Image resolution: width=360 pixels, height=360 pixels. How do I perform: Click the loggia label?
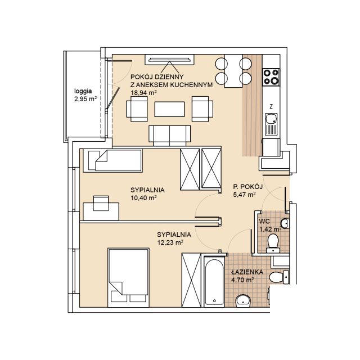(x=83, y=91)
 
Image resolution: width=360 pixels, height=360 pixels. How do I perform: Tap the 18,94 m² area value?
(x=143, y=93)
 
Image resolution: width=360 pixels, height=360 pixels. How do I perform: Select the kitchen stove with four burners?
(x=271, y=77)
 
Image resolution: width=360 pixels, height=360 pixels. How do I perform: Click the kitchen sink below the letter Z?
(x=271, y=124)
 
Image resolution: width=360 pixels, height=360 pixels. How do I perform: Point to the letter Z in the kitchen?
(x=271, y=106)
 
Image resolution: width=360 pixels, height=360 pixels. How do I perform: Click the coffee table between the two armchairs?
(x=169, y=109)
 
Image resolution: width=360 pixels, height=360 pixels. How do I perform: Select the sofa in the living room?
(x=169, y=136)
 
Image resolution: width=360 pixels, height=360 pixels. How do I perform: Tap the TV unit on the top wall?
(x=169, y=60)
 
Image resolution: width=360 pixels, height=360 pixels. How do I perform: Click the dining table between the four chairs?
(x=233, y=71)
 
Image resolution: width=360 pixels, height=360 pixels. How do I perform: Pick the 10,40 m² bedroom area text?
(x=143, y=198)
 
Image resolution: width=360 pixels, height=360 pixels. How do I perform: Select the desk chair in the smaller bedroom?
(x=101, y=203)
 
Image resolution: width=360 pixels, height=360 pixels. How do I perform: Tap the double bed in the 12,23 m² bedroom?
(x=129, y=277)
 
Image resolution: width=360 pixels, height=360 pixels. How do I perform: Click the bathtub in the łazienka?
(x=214, y=282)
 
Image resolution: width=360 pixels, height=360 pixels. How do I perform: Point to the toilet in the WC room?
(x=273, y=244)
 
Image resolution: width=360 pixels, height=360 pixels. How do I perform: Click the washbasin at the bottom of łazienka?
(x=243, y=300)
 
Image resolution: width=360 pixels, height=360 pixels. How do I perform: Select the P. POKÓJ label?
(x=247, y=187)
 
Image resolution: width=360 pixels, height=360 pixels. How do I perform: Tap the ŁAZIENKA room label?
(x=247, y=272)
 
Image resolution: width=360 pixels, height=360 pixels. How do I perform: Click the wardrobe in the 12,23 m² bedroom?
(x=191, y=280)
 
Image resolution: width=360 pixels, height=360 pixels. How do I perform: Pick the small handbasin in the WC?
(x=285, y=223)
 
